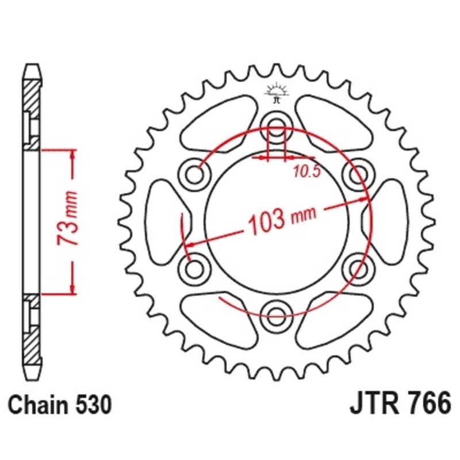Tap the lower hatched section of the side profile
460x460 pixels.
(x=32, y=328)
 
